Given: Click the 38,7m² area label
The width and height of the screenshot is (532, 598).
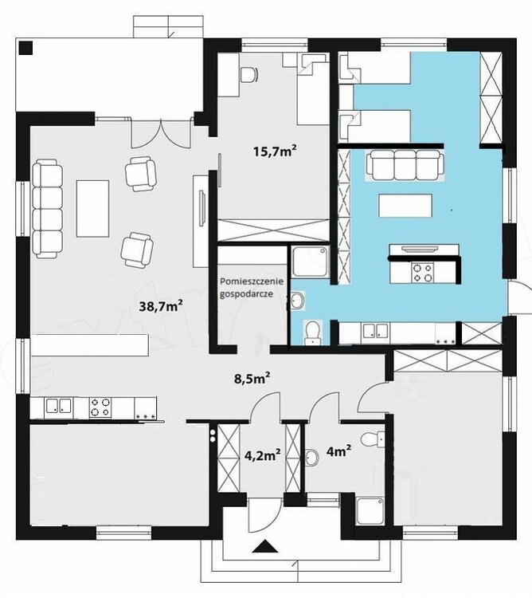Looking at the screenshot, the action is (x=161, y=305).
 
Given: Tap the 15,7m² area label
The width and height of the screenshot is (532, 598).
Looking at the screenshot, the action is (x=275, y=151).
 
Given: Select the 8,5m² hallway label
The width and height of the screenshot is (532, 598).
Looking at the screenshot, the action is (x=252, y=378).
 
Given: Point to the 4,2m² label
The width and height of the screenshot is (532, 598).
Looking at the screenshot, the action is (x=263, y=454).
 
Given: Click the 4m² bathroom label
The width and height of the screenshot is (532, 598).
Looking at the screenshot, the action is (x=339, y=451).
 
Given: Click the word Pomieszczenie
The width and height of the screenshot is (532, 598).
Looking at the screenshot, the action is (x=252, y=281).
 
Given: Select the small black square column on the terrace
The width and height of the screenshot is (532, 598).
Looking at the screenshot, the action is (x=26, y=48).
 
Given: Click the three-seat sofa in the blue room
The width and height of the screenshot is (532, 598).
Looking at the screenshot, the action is (x=405, y=165).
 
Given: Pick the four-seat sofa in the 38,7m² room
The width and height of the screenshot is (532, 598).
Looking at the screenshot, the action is (x=47, y=209).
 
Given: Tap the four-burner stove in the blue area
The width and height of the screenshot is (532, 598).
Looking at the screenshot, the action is (x=423, y=273).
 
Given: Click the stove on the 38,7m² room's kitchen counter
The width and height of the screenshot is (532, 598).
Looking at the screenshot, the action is (x=100, y=407).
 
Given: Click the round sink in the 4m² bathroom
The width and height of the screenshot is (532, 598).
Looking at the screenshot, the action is (x=312, y=458).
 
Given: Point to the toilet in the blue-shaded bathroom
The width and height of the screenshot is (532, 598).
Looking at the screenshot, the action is (x=313, y=332).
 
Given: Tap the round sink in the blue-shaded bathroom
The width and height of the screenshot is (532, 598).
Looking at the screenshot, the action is (x=297, y=300).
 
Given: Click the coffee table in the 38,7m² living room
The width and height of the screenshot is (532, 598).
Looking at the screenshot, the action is (x=93, y=209).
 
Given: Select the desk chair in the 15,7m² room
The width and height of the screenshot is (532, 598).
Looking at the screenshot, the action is (x=249, y=74).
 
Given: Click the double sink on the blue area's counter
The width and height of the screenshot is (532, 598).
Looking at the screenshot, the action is (x=375, y=331).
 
